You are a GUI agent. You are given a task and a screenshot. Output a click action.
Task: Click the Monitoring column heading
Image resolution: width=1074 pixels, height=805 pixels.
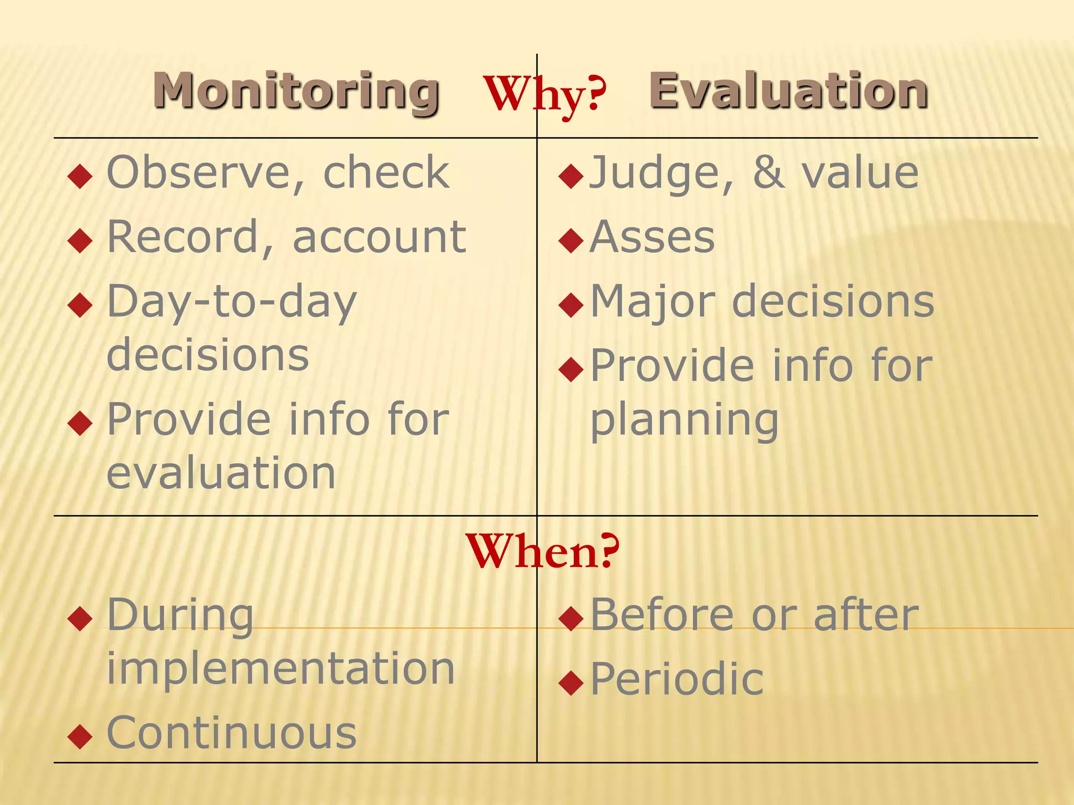(296, 91)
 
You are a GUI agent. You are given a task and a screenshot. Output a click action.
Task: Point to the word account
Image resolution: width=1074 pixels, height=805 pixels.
(379, 237)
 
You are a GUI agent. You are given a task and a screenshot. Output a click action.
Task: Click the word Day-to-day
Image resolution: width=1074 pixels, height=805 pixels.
(232, 303)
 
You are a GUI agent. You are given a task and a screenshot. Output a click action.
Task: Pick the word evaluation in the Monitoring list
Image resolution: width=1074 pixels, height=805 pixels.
(221, 473)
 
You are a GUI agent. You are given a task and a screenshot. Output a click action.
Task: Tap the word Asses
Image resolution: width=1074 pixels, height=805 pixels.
(652, 237)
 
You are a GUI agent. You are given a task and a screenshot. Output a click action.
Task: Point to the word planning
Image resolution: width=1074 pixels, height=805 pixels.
(684, 420)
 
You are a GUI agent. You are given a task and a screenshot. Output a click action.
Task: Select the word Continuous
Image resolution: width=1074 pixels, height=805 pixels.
(232, 733)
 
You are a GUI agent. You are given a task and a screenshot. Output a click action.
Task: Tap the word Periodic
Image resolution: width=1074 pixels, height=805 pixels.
(676, 679)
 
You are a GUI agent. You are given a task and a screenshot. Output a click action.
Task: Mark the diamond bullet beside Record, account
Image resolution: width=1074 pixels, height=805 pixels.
(80, 241)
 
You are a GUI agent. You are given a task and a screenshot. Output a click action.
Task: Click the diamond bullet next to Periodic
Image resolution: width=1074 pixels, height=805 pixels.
(571, 682)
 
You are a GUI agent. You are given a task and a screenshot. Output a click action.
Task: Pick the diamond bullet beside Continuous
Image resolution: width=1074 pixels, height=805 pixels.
(80, 736)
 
